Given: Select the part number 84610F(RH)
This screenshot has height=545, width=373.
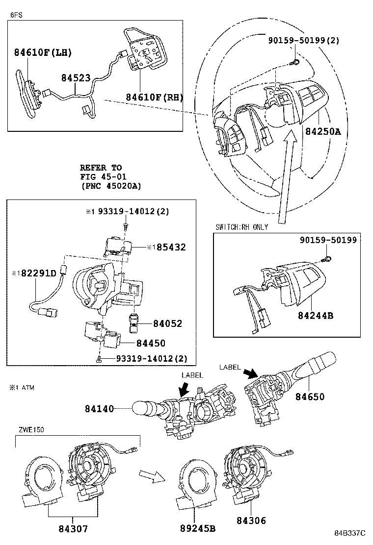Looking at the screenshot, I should (154, 97).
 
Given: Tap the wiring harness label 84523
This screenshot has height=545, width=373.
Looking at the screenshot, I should (76, 78).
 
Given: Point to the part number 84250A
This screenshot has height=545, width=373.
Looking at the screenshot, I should (323, 131).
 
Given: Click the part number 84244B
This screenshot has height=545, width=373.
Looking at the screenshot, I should (316, 316).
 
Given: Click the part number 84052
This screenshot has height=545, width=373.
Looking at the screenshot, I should (167, 323).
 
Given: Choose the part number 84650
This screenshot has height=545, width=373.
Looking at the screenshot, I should (310, 396).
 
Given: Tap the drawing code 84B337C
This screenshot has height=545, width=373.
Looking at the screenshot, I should (350, 533).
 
